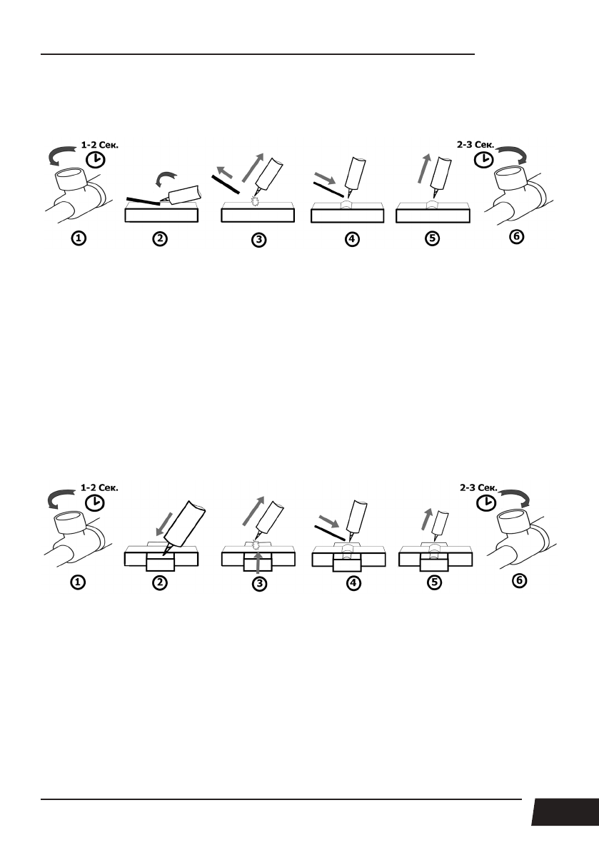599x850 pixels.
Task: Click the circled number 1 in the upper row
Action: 78,240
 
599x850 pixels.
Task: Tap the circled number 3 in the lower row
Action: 259,584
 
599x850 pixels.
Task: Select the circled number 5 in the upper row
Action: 432,240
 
